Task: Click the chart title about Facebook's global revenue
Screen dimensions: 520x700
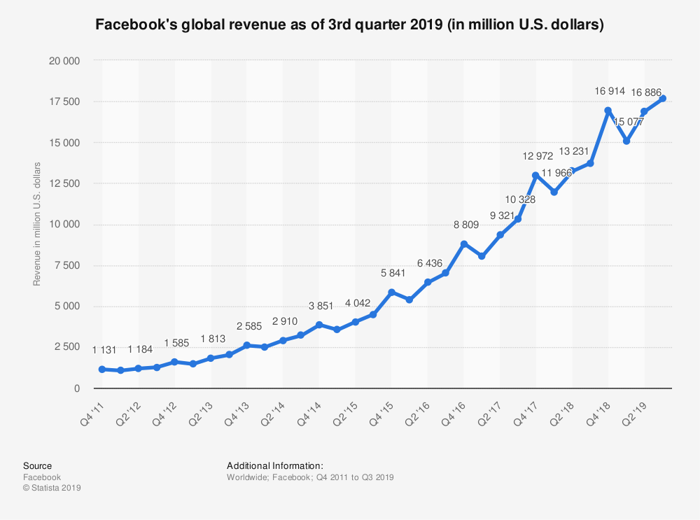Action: (x=349, y=25)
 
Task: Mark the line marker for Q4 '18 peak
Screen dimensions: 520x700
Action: (x=608, y=111)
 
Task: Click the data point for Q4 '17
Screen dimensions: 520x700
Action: (x=535, y=176)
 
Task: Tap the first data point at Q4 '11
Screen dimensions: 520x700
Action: (x=102, y=369)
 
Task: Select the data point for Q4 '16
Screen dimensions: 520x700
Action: (x=463, y=244)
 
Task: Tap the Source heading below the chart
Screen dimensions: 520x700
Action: (x=37, y=465)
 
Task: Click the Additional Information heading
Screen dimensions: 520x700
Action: (x=274, y=465)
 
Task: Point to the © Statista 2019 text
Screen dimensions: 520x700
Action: (x=52, y=488)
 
